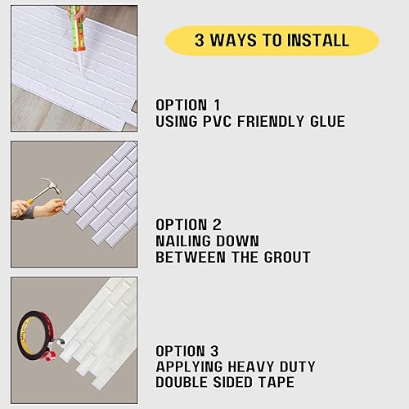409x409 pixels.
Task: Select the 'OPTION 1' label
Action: [x=189, y=106]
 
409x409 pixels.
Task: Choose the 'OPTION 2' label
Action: [x=190, y=224]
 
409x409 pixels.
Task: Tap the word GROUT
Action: [x=285, y=257]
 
